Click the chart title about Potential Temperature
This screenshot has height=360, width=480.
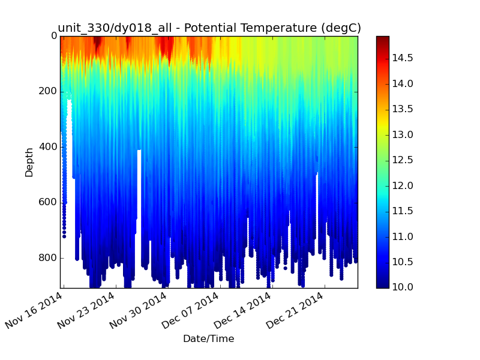click(x=209, y=28)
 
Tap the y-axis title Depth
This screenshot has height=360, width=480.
click(x=29, y=163)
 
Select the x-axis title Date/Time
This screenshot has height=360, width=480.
click(x=208, y=338)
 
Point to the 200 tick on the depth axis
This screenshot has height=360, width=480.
click(x=47, y=91)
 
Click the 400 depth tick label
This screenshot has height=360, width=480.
click(x=47, y=147)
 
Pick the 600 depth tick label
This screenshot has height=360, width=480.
click(x=47, y=202)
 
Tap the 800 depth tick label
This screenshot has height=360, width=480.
click(x=47, y=258)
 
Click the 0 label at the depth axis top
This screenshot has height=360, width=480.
click(x=54, y=36)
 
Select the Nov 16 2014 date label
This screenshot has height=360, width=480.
click(x=34, y=310)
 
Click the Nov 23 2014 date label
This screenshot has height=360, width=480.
click(x=86, y=310)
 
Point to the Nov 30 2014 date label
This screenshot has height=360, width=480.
click(x=139, y=310)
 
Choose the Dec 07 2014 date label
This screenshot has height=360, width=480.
click(x=190, y=310)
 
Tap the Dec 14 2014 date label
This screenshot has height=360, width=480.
click(x=243, y=310)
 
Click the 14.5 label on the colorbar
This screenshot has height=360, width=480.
click(x=403, y=58)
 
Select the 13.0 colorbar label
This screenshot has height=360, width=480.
click(x=403, y=134)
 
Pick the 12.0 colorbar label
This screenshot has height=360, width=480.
click(x=403, y=185)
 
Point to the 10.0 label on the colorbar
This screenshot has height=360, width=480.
click(x=403, y=287)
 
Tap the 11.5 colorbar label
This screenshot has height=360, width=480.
click(x=403, y=211)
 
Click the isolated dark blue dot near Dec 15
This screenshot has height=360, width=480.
click(x=286, y=268)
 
